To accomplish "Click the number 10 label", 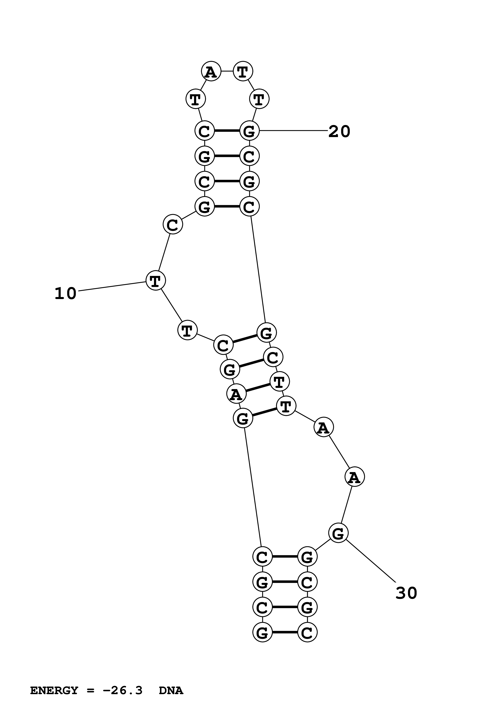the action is click(65, 294).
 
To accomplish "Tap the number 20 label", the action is click(339, 132).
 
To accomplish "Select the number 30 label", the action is click(406, 593).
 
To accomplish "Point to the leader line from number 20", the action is click(294, 131).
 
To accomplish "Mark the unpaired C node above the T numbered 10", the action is click(173, 225).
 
